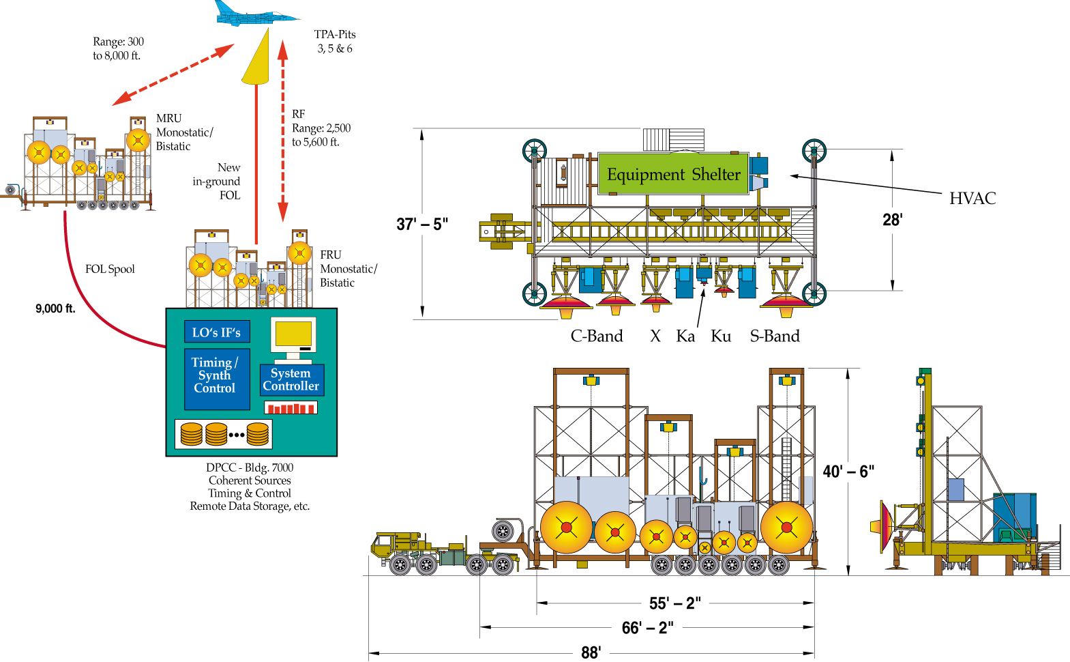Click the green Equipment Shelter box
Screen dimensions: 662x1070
coord(673,175)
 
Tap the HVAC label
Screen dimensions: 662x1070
coord(972,199)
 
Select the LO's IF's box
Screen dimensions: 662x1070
coord(216,332)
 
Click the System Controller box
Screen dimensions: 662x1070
coord(291,379)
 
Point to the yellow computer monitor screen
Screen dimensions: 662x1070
coord(293,334)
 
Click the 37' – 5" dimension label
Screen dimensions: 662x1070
coord(422,225)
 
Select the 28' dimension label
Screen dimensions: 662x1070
coord(892,220)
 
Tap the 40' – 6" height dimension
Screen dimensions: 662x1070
coord(848,472)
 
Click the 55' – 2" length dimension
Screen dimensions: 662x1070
coord(674,603)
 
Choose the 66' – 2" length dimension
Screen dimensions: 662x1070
coord(647,628)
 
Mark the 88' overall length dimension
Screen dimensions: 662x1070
coord(591,652)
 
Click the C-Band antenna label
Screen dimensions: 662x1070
coord(597,336)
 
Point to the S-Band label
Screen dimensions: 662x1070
coord(775,336)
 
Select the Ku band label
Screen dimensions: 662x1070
coord(721,336)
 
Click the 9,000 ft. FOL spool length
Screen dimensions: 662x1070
coord(55,309)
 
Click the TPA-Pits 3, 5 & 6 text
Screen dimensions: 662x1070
coord(335,42)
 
